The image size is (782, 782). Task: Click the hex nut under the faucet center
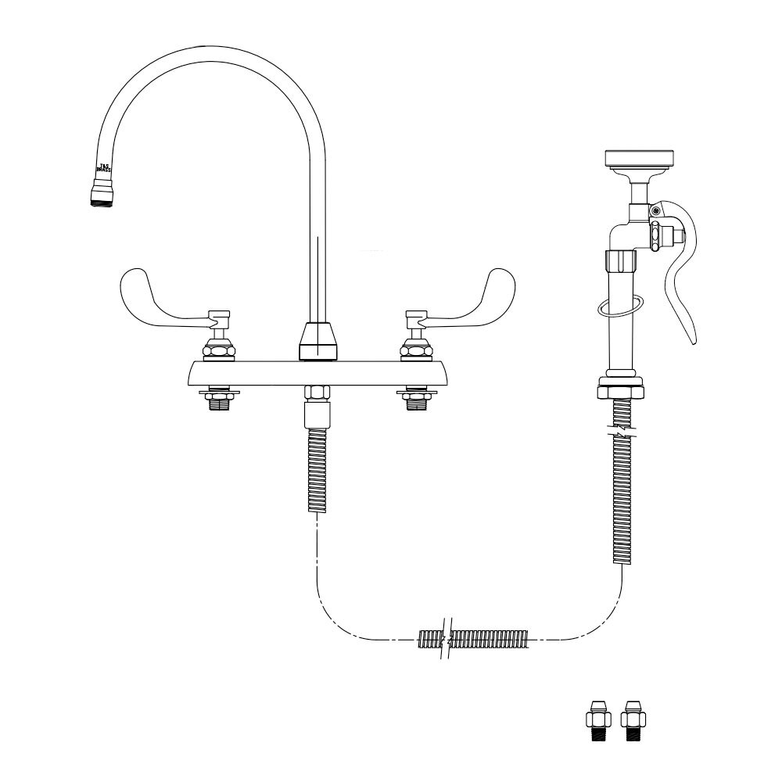[316, 393]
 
